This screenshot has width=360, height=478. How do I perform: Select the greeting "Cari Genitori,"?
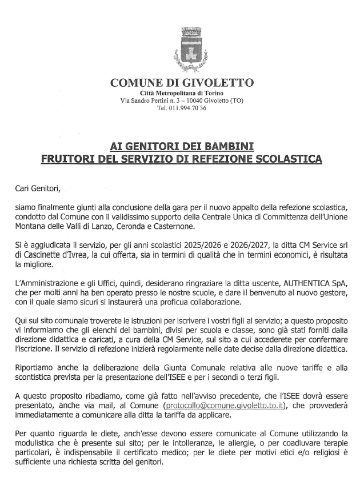42,187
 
